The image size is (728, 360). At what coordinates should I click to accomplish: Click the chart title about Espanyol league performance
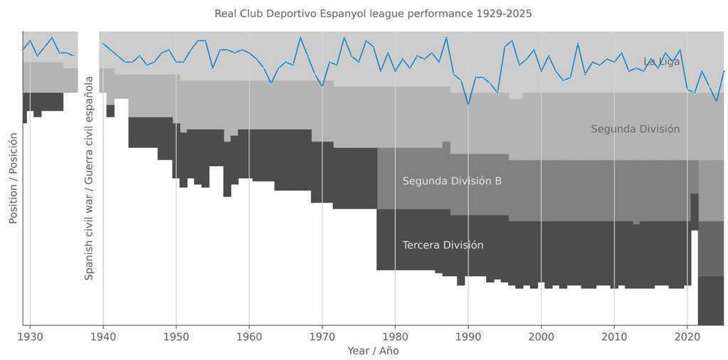pyautogui.click(x=373, y=14)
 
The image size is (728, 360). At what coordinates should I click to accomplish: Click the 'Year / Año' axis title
pyautogui.click(x=373, y=351)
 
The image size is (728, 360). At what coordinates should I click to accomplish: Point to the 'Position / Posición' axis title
pyautogui.click(x=13, y=178)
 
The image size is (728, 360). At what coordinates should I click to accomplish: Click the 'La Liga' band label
pyautogui.click(x=661, y=62)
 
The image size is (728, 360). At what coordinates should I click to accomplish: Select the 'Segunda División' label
pyautogui.click(x=635, y=129)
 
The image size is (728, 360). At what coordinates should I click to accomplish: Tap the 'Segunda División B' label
pyautogui.click(x=452, y=181)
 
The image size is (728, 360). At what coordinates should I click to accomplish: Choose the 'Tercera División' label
pyautogui.click(x=443, y=245)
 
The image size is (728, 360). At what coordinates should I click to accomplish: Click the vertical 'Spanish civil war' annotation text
pyautogui.click(x=89, y=178)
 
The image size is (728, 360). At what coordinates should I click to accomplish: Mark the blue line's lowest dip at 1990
pyautogui.click(x=468, y=104)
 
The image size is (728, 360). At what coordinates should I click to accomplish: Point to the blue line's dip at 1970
pyautogui.click(x=322, y=86)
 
